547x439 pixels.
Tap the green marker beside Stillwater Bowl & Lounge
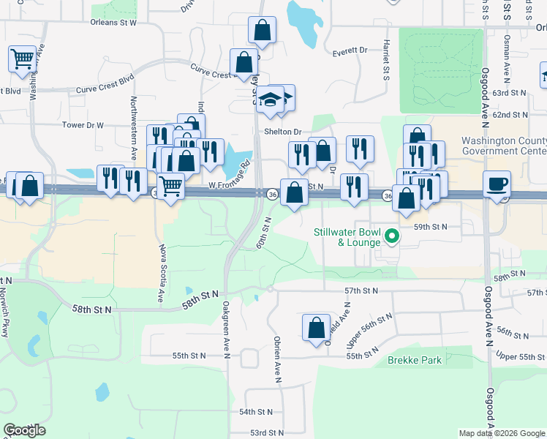(392, 236)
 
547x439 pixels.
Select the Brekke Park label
(414, 361)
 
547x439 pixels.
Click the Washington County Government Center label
(504, 146)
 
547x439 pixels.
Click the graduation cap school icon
(270, 100)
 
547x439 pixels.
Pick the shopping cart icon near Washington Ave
(22, 59)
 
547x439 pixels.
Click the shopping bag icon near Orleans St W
(262, 31)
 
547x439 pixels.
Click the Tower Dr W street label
(83, 125)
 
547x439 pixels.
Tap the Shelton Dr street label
(283, 132)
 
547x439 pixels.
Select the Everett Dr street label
(350, 51)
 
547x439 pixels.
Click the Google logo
(24, 430)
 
